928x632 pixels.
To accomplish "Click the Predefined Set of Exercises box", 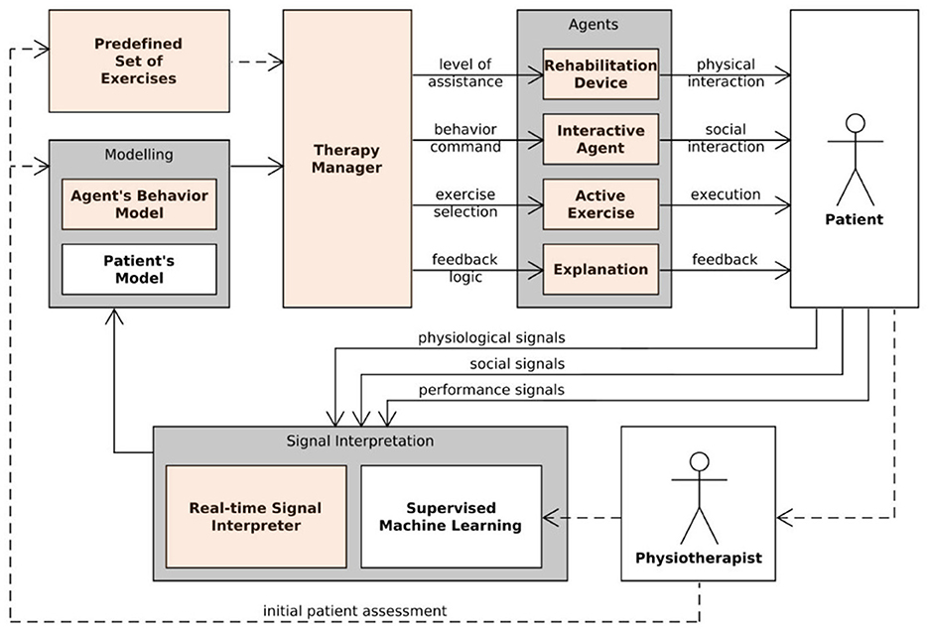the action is click(139, 61).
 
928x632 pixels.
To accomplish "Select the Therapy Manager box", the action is click(347, 159).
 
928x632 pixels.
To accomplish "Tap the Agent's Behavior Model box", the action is click(139, 204).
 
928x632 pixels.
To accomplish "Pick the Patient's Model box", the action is click(139, 269).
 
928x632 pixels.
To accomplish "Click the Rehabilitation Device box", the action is click(600, 74).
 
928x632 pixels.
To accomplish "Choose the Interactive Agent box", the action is click(600, 139).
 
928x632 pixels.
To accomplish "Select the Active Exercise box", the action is click(600, 204).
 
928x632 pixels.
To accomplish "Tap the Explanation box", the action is click(600, 269).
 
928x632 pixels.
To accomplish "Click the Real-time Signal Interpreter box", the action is click(256, 517).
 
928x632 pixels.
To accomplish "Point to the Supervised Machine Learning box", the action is click(451, 517).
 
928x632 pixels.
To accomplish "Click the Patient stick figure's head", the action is click(856, 124).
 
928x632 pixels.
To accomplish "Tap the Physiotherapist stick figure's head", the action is click(700, 461).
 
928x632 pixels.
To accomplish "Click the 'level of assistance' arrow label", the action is click(465, 72).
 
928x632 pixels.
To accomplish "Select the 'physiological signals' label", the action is click(491, 338).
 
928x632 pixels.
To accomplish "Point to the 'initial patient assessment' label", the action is click(354, 611).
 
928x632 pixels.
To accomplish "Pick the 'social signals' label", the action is click(517, 364).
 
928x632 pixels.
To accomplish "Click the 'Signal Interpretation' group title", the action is click(360, 441).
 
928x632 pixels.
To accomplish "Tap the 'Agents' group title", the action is click(593, 24).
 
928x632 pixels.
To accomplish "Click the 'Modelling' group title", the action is click(139, 155).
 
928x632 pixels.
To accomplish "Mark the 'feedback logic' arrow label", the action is click(464, 268).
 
